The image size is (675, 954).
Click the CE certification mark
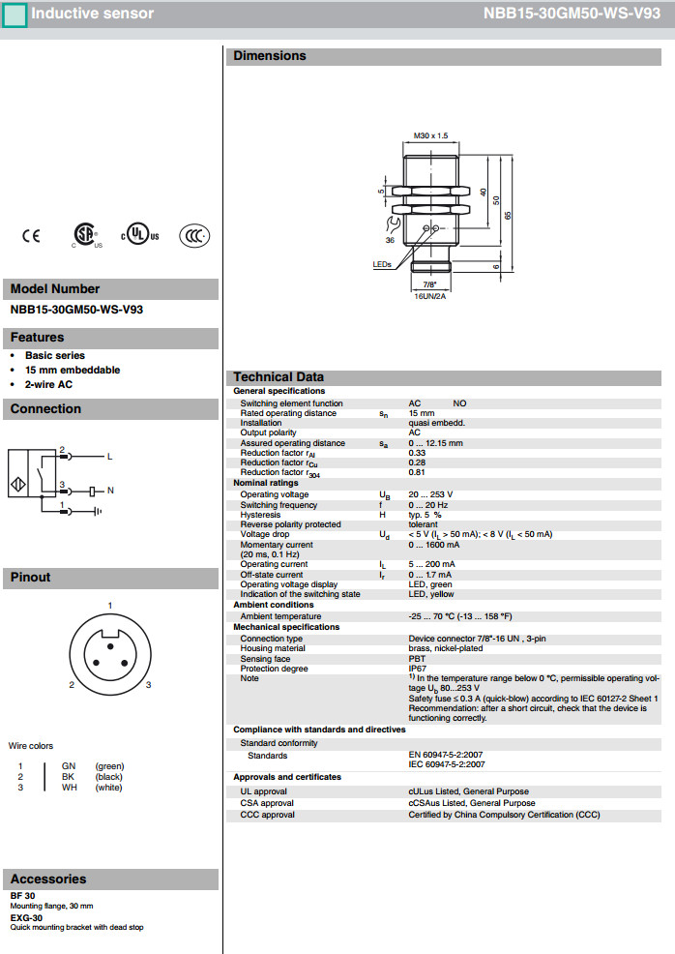tap(31, 235)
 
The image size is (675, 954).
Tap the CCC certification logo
tap(194, 235)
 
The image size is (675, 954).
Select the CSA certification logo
tap(86, 235)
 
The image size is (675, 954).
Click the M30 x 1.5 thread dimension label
tap(430, 135)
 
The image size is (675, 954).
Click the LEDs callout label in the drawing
tap(382, 263)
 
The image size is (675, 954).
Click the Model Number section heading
tap(55, 288)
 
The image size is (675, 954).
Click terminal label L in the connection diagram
tap(109, 456)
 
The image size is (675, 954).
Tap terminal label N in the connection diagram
tap(110, 491)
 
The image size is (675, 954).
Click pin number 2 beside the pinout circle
tap(72, 685)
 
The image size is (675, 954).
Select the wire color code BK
tap(68, 776)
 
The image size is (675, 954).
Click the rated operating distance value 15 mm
tap(422, 413)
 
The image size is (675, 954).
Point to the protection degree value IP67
tap(418, 669)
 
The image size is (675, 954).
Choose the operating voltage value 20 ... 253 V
tap(430, 494)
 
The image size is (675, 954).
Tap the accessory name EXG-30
tap(27, 917)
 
